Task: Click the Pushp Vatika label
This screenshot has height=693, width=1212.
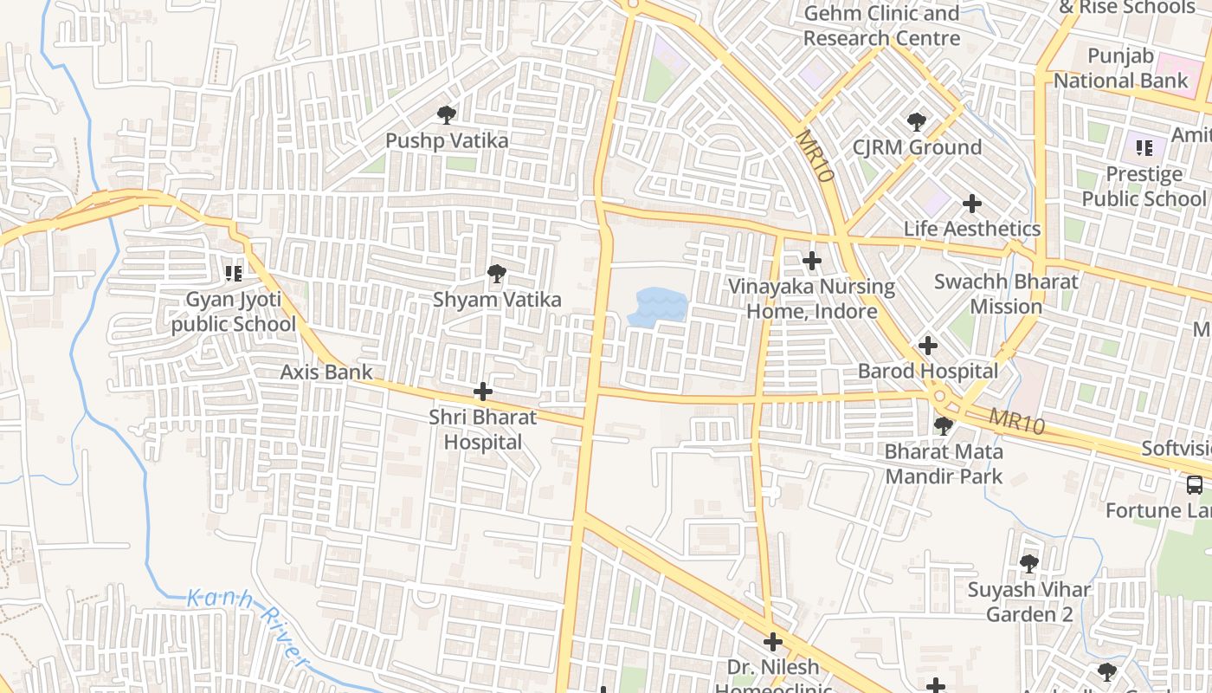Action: click(x=447, y=140)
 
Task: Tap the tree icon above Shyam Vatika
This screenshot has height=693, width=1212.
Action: click(x=496, y=275)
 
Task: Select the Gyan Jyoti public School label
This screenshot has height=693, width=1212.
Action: click(x=233, y=312)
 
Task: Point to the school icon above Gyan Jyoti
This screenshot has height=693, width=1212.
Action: click(x=233, y=274)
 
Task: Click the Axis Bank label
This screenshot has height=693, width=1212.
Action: click(x=326, y=372)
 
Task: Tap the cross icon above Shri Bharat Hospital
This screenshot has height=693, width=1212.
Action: click(x=483, y=392)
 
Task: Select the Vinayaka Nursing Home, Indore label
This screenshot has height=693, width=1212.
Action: click(x=811, y=299)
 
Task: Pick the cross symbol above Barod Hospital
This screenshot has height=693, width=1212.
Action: click(x=927, y=346)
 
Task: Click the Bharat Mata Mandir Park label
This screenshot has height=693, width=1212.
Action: click(x=944, y=463)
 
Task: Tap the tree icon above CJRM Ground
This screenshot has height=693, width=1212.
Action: click(x=916, y=122)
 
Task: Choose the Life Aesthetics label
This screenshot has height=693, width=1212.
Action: click(x=971, y=229)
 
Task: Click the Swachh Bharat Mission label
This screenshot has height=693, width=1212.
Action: click(x=1006, y=295)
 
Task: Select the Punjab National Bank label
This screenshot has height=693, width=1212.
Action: click(x=1120, y=68)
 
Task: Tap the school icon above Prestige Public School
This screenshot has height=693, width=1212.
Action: click(x=1144, y=148)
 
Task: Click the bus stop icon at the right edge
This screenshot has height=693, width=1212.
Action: click(x=1194, y=484)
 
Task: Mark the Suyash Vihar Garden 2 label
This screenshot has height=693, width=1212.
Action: click(x=1028, y=602)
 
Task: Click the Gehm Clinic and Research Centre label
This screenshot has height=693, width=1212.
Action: click(x=881, y=26)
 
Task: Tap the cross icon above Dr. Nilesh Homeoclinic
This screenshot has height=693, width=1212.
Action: click(x=772, y=642)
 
